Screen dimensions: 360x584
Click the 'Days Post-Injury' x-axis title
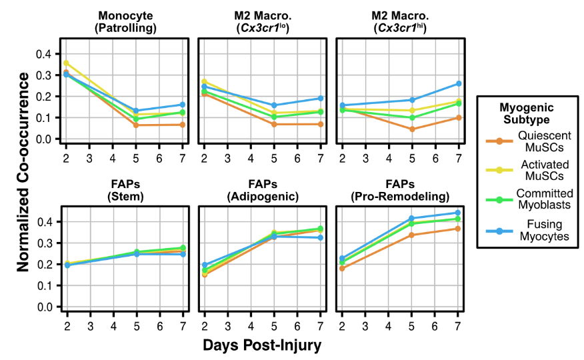coord(263,345)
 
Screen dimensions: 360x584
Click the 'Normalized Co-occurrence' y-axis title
coord(22,171)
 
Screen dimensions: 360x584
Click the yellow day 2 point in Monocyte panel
coord(66,63)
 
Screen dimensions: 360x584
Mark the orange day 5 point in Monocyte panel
coord(136,125)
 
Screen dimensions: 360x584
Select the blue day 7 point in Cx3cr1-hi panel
coord(459,83)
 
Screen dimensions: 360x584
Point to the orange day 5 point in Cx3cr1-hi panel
coord(412,129)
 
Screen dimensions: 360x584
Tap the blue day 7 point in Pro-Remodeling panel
coord(459,213)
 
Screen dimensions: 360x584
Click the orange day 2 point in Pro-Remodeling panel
coord(342,269)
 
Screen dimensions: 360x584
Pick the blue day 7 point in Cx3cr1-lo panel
coord(321,98)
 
